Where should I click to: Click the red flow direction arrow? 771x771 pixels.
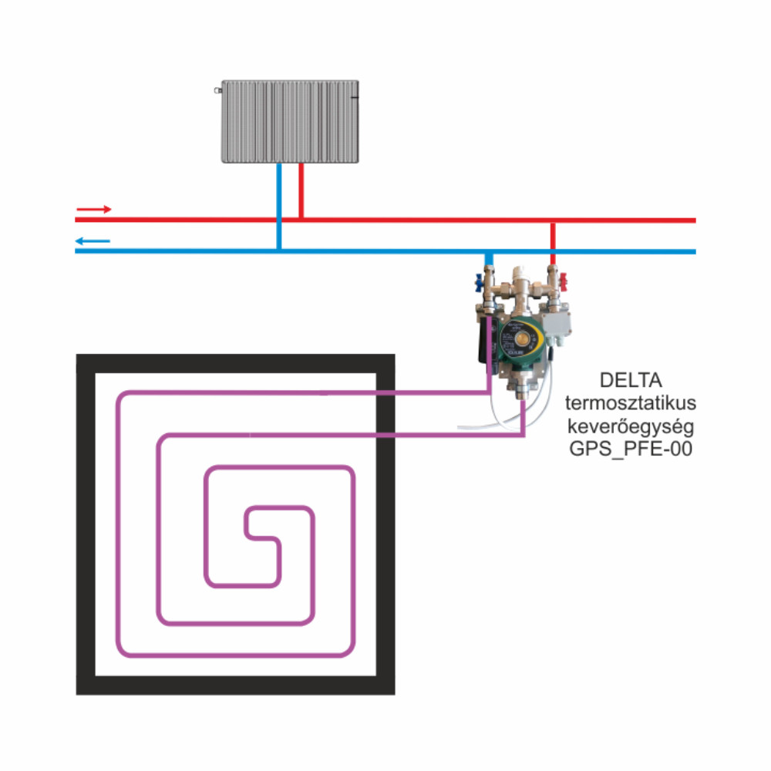[x=94, y=210]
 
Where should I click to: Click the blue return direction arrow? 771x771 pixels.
[x=93, y=241]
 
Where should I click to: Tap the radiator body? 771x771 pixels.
[x=290, y=122]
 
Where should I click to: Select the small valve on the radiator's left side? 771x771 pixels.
[x=217, y=90]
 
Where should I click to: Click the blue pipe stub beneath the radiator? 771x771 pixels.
[x=279, y=206]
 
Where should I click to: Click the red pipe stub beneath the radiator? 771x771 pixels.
[x=301, y=190]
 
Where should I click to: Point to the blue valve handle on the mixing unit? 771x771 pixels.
[x=479, y=284]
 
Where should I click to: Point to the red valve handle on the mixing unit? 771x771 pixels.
[x=564, y=281]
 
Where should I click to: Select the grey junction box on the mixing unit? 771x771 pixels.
[x=556, y=324]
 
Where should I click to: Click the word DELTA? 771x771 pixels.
[x=631, y=380]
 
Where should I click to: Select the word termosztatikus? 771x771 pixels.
[x=631, y=402]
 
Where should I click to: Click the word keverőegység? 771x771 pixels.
[x=631, y=426]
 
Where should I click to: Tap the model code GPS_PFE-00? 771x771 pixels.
[x=631, y=449]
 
